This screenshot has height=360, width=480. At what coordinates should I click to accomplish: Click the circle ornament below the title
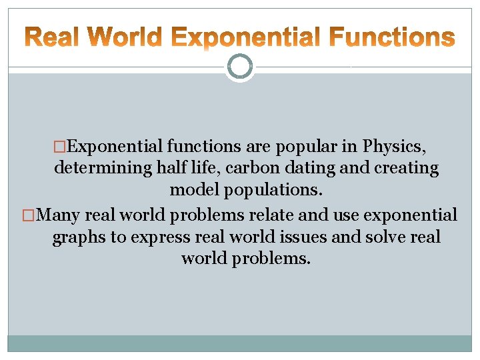240,66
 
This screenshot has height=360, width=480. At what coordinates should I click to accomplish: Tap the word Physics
398,146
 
